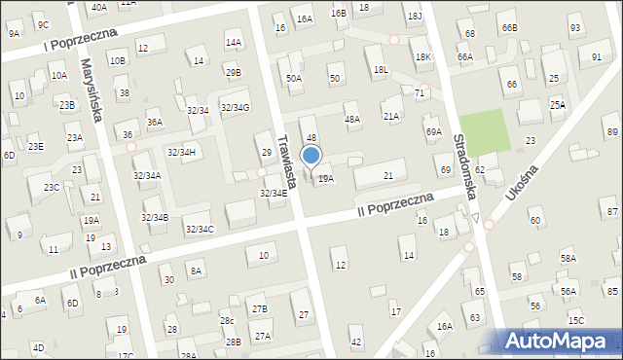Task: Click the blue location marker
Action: tap(311, 156)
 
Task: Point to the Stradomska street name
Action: tap(463, 166)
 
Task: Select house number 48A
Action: tap(352, 119)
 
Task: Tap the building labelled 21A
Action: tap(391, 116)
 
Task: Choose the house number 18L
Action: tap(381, 69)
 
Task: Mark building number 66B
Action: tap(510, 28)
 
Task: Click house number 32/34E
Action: tap(273, 193)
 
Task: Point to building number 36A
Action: tap(154, 123)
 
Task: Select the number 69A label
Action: tap(433, 131)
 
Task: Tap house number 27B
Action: tap(259, 309)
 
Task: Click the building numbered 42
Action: tap(356, 342)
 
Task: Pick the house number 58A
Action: tap(568, 258)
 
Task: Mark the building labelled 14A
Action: tap(233, 43)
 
